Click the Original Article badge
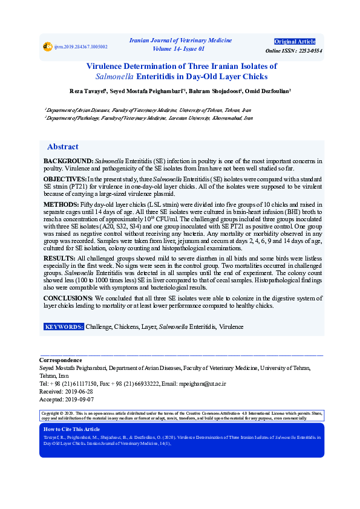pyautogui.click(x=295, y=41)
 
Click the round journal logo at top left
pyautogui.click(x=47, y=47)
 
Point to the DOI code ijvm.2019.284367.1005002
pyautogui.click(x=80, y=47)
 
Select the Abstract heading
pyautogui.click(x=62, y=147)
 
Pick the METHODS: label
pyautogui.click(x=61, y=205)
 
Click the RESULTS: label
pyautogui.click(x=60, y=258)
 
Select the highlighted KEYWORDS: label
pyautogui.click(x=64, y=326)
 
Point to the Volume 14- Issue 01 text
pyautogui.click(x=179, y=48)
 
